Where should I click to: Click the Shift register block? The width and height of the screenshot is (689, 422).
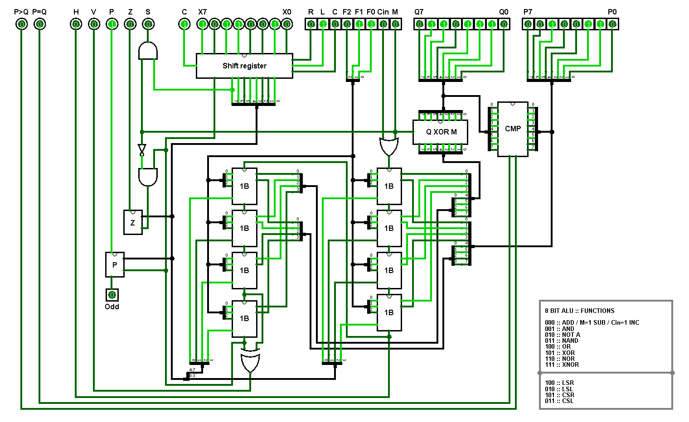point(244,66)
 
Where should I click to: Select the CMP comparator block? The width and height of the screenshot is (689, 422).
point(513,129)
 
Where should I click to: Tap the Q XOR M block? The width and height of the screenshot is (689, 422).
point(441,132)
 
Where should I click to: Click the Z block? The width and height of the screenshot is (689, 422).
point(133,222)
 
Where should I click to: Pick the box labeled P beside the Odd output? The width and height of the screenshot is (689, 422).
point(115,265)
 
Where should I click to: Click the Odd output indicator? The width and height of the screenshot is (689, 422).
point(112,295)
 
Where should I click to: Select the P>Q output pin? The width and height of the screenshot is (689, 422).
point(21,24)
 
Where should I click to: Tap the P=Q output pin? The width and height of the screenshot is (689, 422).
point(39,24)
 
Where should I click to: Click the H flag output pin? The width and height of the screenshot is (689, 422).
point(76,24)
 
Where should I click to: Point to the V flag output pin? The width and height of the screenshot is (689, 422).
point(94,24)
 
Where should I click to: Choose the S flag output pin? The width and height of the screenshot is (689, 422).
point(148,24)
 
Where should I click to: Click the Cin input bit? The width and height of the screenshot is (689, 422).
point(383,24)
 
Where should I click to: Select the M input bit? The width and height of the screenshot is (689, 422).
point(395,24)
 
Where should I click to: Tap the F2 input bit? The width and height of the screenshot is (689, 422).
point(347,24)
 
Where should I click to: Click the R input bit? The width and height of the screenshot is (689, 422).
point(311,24)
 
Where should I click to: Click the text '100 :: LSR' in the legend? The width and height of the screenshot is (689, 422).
point(559,383)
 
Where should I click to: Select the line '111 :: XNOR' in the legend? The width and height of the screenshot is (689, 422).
point(562,364)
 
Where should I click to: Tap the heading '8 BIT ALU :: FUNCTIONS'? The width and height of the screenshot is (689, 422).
point(579,311)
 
